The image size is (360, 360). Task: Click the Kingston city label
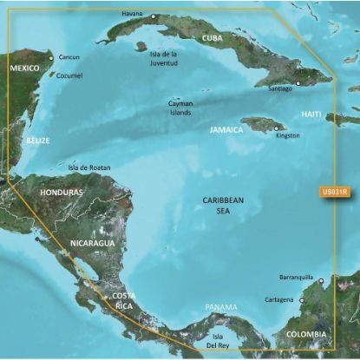click(x=287, y=135)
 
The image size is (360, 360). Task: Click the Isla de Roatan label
click(x=89, y=168)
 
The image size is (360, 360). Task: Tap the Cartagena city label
click(x=278, y=301)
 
